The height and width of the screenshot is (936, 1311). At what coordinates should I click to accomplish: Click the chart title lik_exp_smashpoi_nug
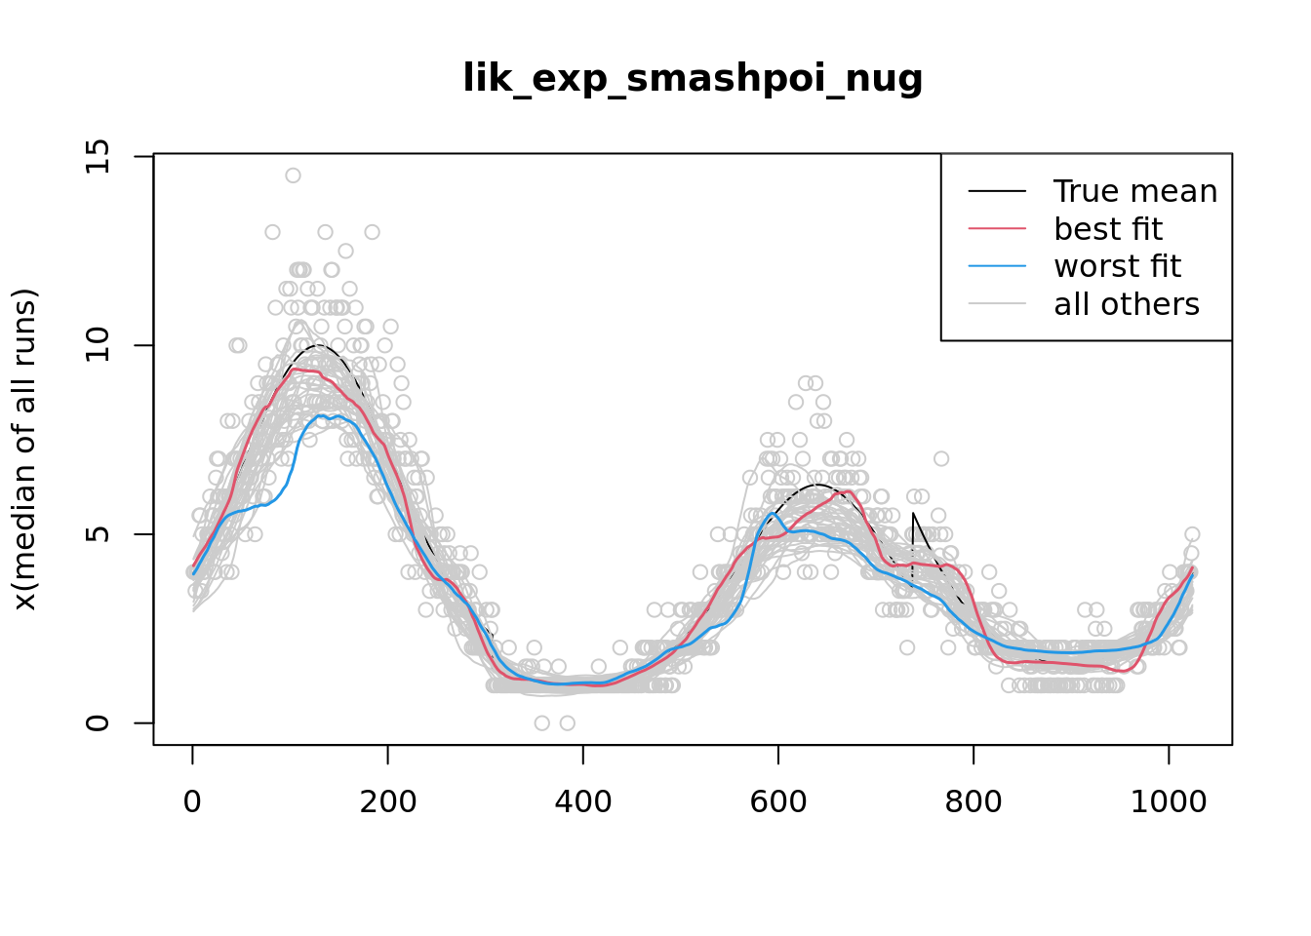tap(693, 78)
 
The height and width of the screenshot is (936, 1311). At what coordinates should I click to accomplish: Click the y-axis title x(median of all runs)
tap(24, 449)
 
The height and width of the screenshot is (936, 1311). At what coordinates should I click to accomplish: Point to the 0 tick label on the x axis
tap(193, 801)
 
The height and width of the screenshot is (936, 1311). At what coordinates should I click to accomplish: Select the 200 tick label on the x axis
tap(388, 801)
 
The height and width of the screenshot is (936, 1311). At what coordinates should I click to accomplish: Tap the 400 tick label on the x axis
tap(583, 801)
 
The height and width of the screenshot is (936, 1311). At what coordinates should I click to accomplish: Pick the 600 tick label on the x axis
tap(778, 801)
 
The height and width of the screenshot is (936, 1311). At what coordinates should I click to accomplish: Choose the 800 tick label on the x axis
tap(973, 801)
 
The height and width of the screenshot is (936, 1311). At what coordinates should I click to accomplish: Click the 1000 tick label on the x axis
tap(1169, 801)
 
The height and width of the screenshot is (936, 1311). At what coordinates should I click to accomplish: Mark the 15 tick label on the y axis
tap(98, 156)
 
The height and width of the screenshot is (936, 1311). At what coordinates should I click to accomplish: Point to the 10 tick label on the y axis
tap(98, 345)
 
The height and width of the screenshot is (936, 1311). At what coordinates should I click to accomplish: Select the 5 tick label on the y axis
tap(98, 534)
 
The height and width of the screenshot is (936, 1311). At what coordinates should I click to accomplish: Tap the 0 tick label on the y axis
tap(98, 723)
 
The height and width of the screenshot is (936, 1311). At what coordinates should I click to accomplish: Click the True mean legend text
tap(1135, 191)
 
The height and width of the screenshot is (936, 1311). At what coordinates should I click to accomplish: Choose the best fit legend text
tap(1108, 229)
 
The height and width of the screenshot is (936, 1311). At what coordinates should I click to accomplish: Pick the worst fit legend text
tap(1118, 266)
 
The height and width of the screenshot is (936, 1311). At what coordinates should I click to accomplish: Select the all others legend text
tap(1127, 304)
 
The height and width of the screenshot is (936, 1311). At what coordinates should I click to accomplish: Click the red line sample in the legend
tap(997, 229)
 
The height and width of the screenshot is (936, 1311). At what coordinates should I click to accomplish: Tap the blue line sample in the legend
tap(997, 266)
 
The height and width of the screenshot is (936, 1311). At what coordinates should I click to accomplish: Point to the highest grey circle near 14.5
tap(293, 175)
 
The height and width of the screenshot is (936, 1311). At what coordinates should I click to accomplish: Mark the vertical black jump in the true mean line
tap(913, 546)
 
